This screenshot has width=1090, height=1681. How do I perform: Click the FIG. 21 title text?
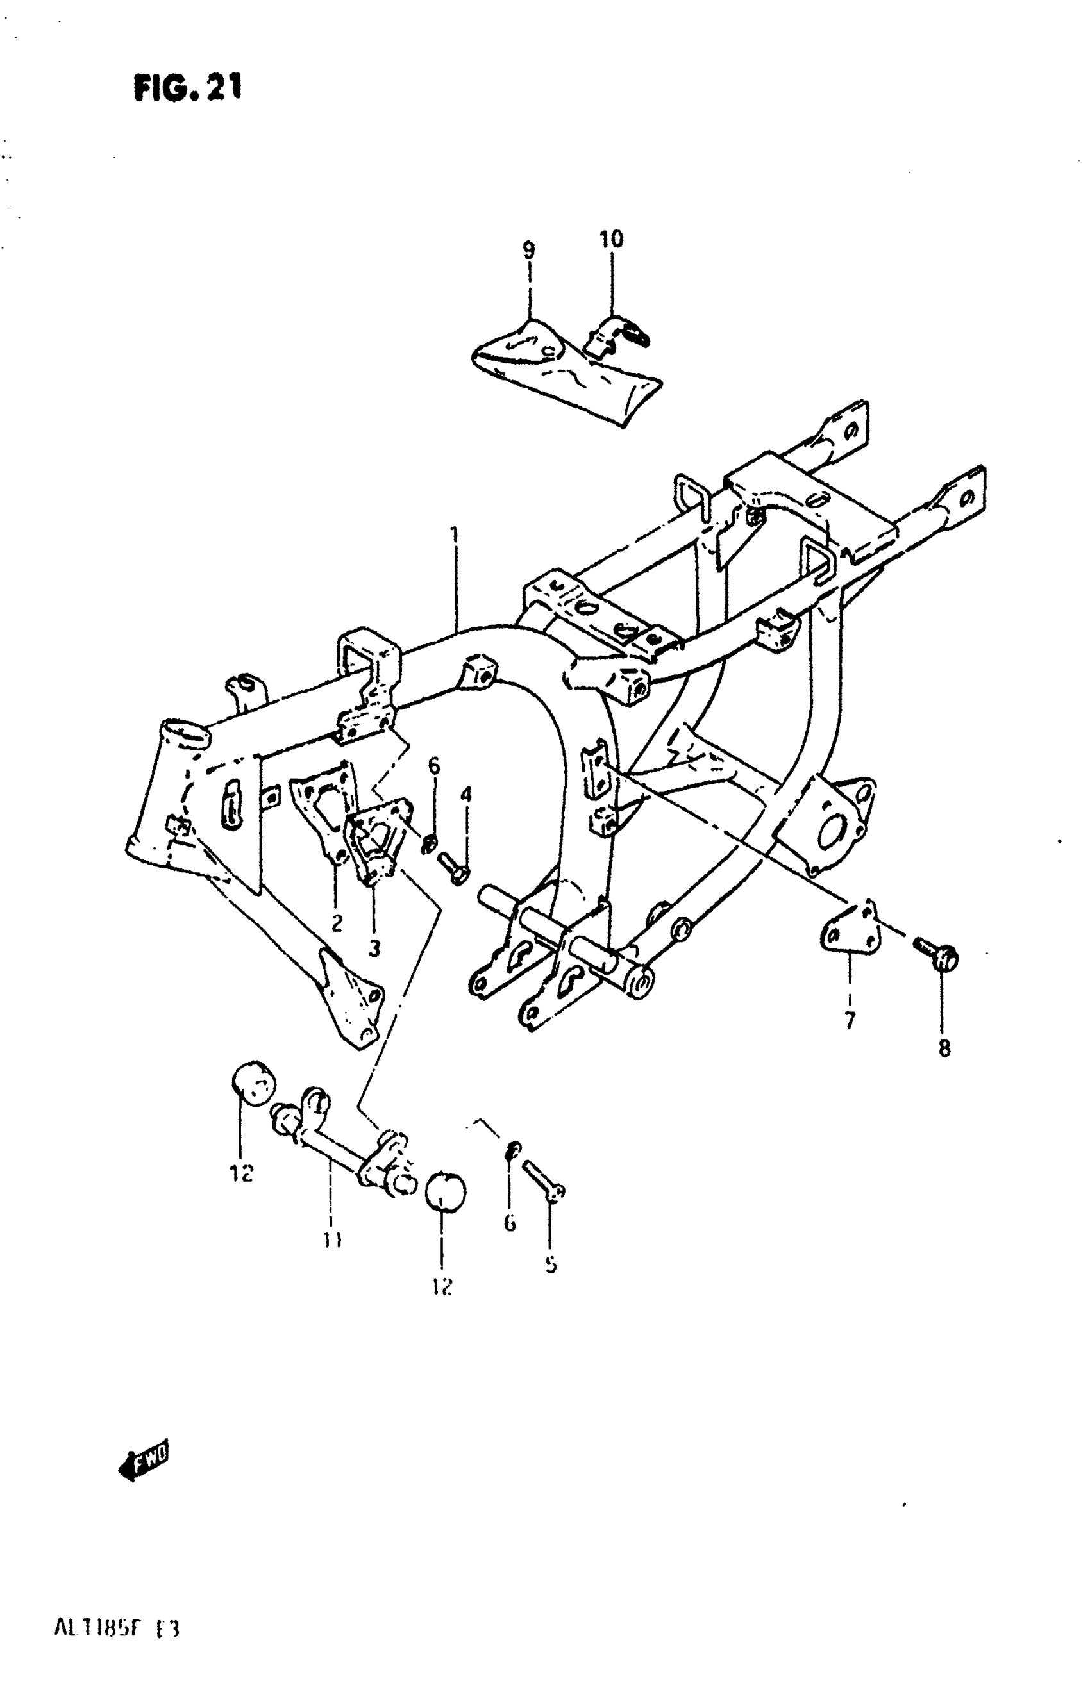tap(187, 88)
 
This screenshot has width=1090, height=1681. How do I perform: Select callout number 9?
tap(528, 249)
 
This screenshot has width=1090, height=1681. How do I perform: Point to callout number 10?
tap(611, 239)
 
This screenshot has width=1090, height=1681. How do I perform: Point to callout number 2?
tap(337, 922)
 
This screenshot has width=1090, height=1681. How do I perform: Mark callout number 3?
tap(374, 948)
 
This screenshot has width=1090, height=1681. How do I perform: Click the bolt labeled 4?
tap(452, 866)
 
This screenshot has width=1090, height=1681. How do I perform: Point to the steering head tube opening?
tap(185, 729)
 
